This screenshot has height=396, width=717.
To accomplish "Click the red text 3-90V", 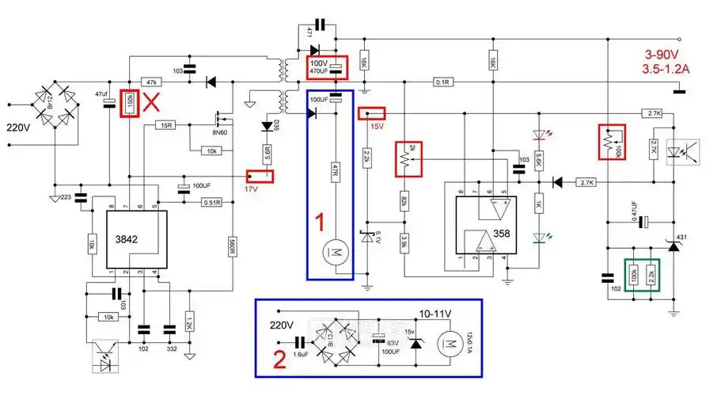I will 663,55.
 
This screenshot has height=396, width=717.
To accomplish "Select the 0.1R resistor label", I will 442,82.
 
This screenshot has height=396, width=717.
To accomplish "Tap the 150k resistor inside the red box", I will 130,103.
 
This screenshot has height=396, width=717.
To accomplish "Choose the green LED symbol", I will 541,236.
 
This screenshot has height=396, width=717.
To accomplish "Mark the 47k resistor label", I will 151,82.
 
